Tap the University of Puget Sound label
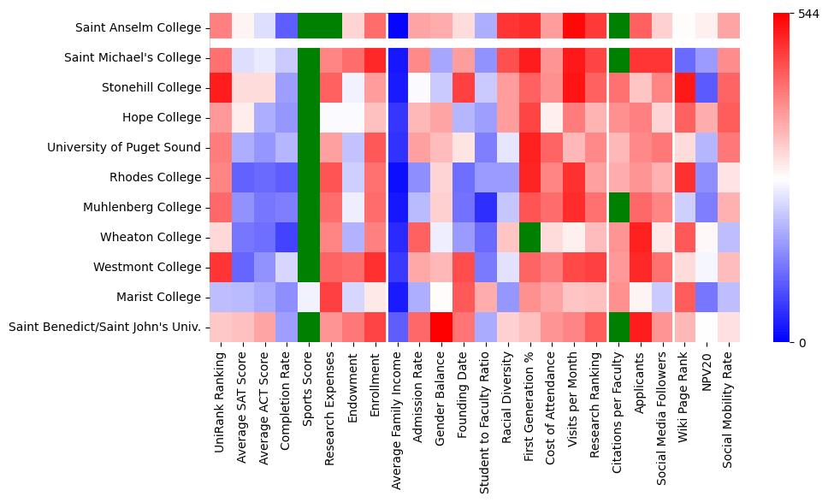pyautogui.click(x=124, y=147)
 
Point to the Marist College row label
pyautogui.click(x=163, y=297)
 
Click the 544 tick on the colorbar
pyautogui.click(x=808, y=15)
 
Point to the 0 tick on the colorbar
pyautogui.click(x=801, y=343)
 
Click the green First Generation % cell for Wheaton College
pyautogui.click(x=530, y=237)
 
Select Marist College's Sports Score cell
pyautogui.click(x=308, y=297)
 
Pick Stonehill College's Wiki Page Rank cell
pyautogui.click(x=686, y=87)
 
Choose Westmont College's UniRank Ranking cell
pyautogui.click(x=220, y=267)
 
